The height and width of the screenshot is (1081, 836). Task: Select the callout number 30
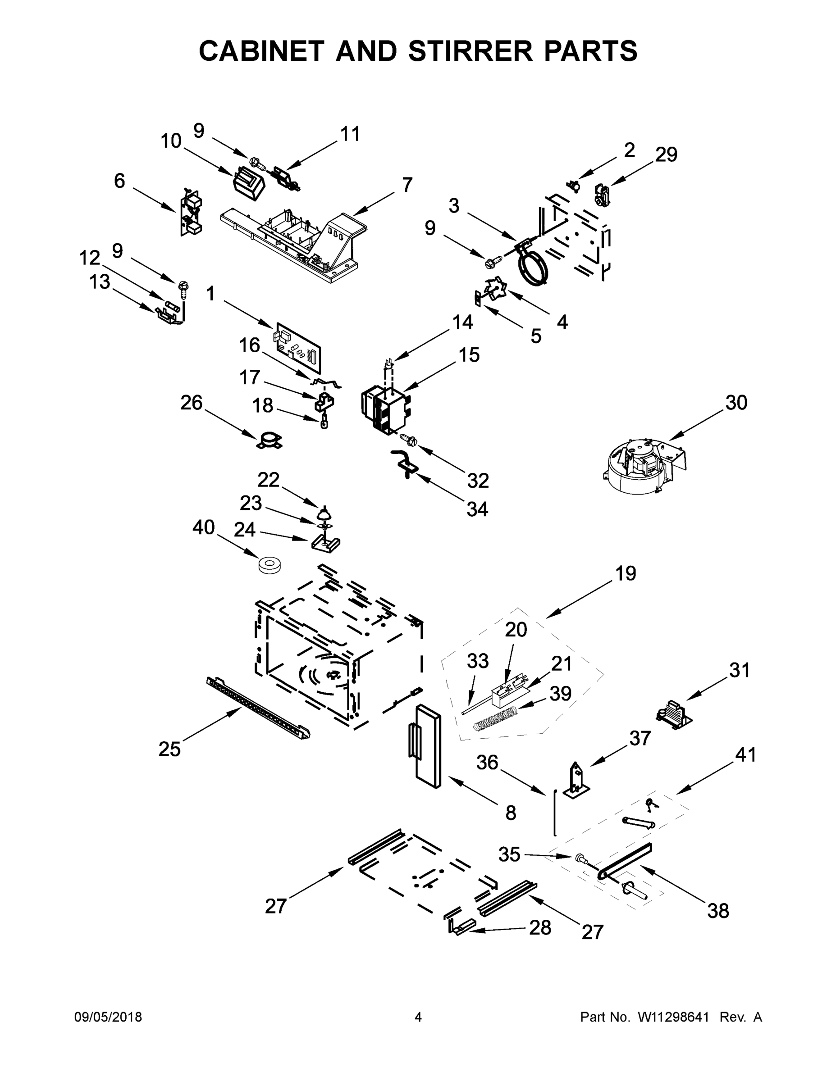736,403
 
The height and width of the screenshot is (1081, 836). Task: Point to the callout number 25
169,749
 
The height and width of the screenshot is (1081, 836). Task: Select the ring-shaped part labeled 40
270,565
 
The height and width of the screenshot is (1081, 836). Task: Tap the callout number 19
626,573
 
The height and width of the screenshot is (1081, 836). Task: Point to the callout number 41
745,755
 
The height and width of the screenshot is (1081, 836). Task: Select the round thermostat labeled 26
270,441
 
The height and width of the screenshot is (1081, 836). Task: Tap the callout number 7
407,185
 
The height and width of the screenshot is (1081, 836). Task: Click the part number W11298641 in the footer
673,1017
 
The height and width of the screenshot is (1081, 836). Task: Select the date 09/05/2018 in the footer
108,1017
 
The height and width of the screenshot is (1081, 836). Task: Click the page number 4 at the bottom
418,1017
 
